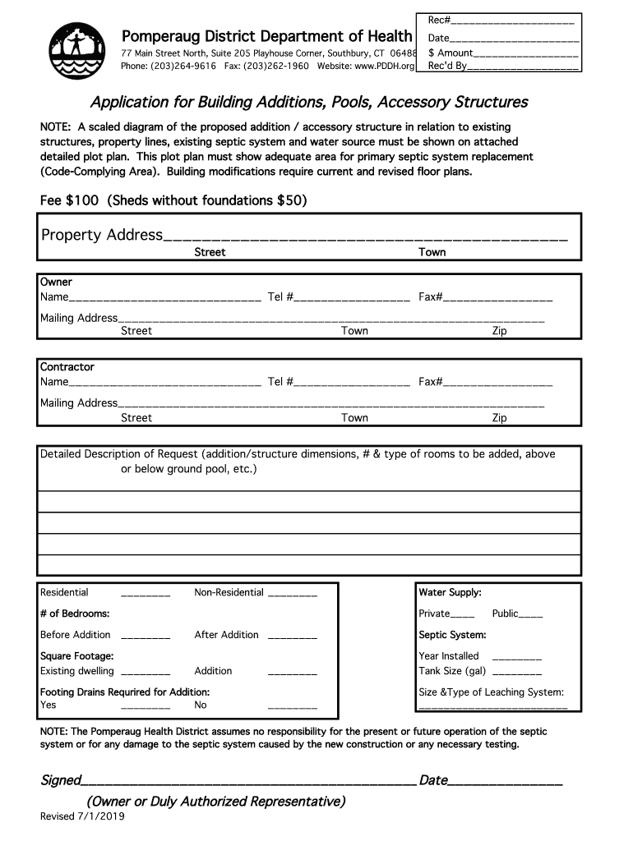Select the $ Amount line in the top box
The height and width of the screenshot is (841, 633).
pyautogui.click(x=525, y=53)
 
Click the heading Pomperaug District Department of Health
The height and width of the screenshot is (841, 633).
pyautogui.click(x=267, y=36)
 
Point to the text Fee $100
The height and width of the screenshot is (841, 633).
pyautogui.click(x=72, y=200)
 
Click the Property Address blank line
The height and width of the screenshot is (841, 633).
pyautogui.click(x=365, y=237)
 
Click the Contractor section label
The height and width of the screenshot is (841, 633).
pyautogui.click(x=67, y=367)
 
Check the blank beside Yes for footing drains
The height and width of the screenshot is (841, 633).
pyautogui.click(x=146, y=707)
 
